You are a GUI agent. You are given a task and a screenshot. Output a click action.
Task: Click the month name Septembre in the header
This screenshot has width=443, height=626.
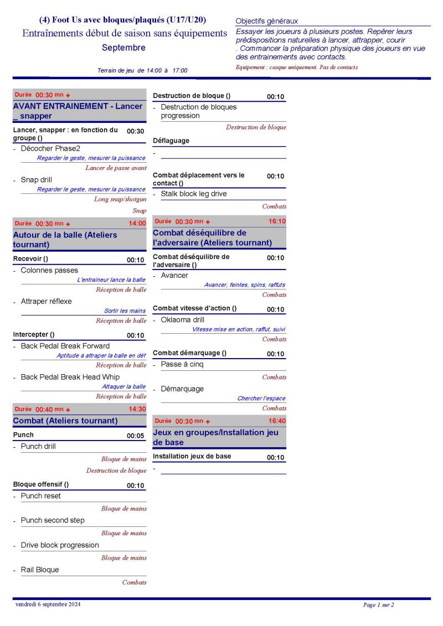pyautogui.click(x=123, y=48)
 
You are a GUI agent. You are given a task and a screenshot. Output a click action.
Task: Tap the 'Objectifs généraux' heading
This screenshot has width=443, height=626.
pyautogui.click(x=266, y=21)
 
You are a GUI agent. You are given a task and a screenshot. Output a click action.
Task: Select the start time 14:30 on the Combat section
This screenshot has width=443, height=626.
pyautogui.click(x=137, y=409)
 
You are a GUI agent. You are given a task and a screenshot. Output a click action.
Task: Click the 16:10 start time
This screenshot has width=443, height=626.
pyautogui.click(x=277, y=221)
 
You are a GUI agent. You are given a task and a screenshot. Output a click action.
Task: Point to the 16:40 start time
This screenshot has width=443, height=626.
pyautogui.click(x=277, y=421)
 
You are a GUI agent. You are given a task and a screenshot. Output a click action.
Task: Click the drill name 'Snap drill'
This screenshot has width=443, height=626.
pyautogui.click(x=37, y=179)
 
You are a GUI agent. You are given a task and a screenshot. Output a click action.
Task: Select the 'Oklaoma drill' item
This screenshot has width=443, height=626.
pyautogui.click(x=182, y=320)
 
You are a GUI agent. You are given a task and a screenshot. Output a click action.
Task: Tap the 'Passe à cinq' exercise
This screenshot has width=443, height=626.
pyautogui.click(x=182, y=365)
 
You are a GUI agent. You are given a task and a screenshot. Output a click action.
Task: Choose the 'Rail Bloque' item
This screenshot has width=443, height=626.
pyautogui.click(x=39, y=570)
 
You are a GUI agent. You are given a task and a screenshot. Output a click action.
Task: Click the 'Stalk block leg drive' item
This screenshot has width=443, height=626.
pyautogui.click(x=194, y=194)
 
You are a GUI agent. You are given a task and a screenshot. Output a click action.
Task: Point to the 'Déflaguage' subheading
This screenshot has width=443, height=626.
pyautogui.click(x=171, y=141)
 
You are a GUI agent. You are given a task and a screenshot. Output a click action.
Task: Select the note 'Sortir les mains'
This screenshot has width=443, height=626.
pyautogui.click(x=125, y=311)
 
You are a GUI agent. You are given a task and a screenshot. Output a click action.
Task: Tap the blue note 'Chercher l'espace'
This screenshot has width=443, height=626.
pyautogui.click(x=261, y=399)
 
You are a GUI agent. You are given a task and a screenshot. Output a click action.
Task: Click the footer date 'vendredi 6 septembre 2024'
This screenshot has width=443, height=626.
pyautogui.click(x=48, y=604)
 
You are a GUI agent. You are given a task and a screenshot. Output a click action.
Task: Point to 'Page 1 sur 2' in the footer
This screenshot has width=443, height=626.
pyautogui.click(x=378, y=605)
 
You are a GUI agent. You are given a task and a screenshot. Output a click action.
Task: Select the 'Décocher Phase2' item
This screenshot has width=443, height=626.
pyautogui.click(x=50, y=148)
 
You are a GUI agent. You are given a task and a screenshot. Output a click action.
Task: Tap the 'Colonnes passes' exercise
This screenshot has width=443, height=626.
pyautogui.click(x=49, y=270)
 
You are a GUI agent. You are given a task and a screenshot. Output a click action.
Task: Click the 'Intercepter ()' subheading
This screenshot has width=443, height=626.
pyautogui.click(x=34, y=334)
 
